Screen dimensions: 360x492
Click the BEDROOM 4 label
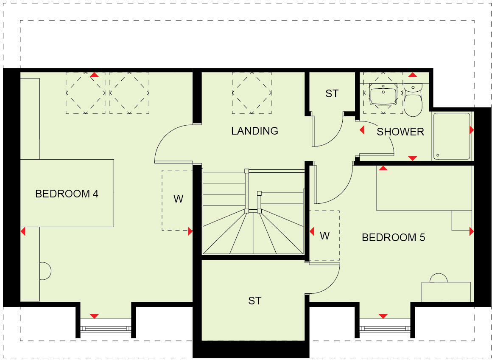pyautogui.click(x=67, y=194)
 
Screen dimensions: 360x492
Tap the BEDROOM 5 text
pyautogui.click(x=393, y=237)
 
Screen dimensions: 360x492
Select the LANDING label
pyautogui.click(x=254, y=131)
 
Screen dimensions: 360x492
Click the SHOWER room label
pyautogui.click(x=400, y=132)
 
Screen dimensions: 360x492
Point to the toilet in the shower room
pyautogui.click(x=412, y=100)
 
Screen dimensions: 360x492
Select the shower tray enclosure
pyautogui.click(x=451, y=136)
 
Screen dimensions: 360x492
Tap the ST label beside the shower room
pyautogui.click(x=332, y=93)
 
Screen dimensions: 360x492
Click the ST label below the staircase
pyautogui.click(x=254, y=301)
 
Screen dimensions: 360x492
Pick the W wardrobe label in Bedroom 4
pyautogui.click(x=178, y=199)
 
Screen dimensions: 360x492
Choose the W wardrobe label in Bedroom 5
pyautogui.click(x=324, y=236)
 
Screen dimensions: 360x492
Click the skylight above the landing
pyautogui.click(x=252, y=93)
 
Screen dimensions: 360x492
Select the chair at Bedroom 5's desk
pyautogui.click(x=439, y=278)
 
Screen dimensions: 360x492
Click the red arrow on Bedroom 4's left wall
pyautogui.click(x=23, y=232)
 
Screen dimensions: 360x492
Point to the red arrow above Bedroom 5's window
pyautogui.click(x=383, y=316)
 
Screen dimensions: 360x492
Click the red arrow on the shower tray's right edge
pyautogui.click(x=471, y=130)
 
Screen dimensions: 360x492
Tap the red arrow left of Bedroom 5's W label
pyautogui.click(x=312, y=232)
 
